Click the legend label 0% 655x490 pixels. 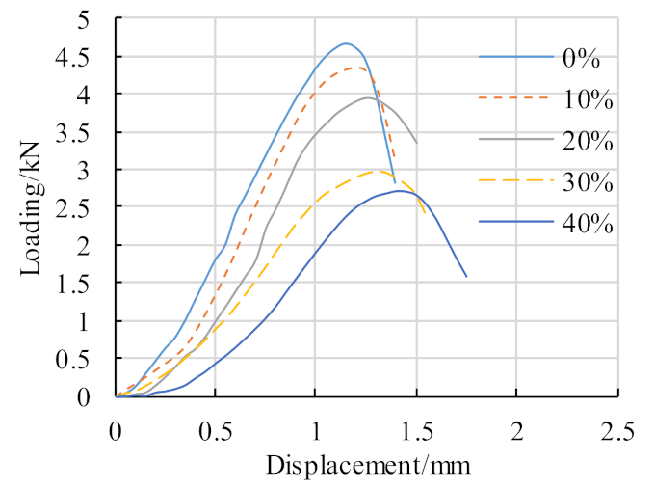(582, 59)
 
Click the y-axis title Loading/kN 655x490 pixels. (32, 207)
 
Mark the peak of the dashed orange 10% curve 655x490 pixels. (357, 68)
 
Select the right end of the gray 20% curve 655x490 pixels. (416, 143)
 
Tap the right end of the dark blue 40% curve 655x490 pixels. (466, 277)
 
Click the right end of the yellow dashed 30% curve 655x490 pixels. (426, 213)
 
